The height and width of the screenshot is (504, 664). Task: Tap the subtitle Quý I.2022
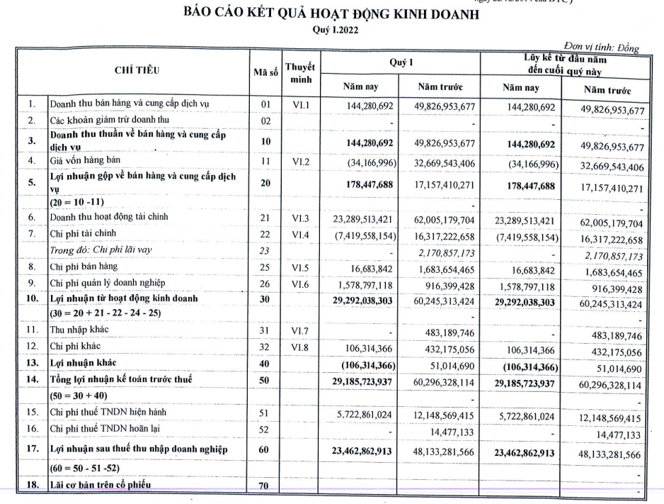[331, 30]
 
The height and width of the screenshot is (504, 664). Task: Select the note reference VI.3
[298, 220]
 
